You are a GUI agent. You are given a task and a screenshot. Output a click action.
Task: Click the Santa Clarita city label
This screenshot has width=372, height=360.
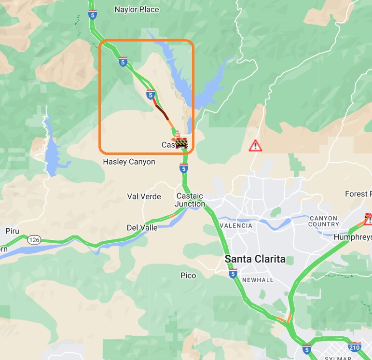point(255,259)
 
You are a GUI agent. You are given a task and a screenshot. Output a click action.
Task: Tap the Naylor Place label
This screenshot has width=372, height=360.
point(137,9)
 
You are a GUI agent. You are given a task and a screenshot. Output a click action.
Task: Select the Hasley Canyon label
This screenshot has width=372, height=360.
point(129,162)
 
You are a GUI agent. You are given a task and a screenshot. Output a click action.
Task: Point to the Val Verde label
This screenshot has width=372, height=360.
point(144,196)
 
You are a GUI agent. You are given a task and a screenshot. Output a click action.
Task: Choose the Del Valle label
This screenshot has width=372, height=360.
point(142,227)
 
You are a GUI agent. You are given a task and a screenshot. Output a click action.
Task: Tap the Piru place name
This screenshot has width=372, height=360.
point(12,231)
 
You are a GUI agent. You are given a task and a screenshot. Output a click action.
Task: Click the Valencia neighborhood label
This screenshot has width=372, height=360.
point(236,225)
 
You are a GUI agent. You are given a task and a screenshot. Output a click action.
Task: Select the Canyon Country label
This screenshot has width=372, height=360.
point(324,221)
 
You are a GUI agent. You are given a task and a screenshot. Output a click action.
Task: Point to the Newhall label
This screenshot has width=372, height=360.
point(258,280)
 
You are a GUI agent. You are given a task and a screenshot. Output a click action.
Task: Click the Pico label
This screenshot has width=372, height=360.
point(188,276)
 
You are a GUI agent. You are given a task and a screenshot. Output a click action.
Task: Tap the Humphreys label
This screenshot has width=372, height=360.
point(353,237)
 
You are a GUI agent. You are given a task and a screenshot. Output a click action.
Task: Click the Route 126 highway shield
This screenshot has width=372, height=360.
point(33,240)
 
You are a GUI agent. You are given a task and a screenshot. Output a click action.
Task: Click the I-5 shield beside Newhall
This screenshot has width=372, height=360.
point(233,274)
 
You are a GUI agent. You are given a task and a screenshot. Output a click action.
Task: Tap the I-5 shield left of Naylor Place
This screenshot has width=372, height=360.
point(91,15)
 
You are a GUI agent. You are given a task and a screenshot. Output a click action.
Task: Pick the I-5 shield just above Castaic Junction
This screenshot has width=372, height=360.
point(183,168)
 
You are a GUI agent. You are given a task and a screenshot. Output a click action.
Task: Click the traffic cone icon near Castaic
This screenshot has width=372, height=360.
point(177,134)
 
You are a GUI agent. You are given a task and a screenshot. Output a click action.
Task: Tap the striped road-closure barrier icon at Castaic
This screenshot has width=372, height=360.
point(181,143)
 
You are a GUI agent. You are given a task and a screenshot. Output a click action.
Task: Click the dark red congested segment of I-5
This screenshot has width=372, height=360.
point(161,110)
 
